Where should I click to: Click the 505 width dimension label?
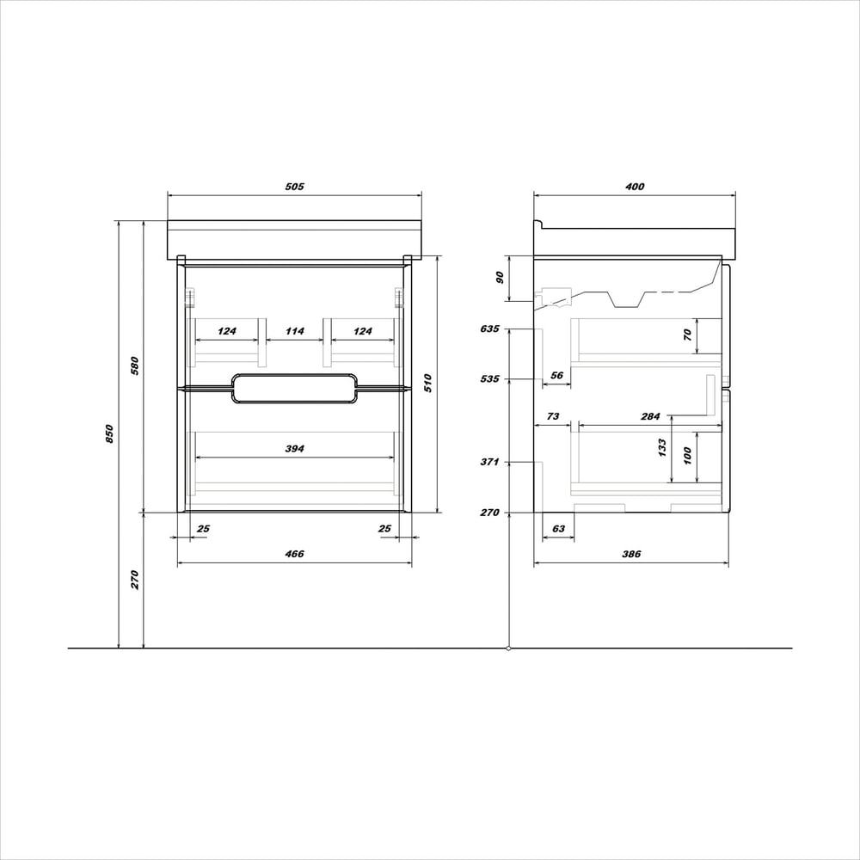[x=294, y=187]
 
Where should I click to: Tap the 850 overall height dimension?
[x=109, y=433]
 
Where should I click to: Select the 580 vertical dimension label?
[x=134, y=365]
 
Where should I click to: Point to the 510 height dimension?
[x=427, y=383]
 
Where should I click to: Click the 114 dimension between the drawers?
[x=294, y=331]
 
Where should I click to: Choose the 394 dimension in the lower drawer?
[x=294, y=449]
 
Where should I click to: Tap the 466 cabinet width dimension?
[x=294, y=554]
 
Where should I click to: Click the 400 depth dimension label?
[x=635, y=187]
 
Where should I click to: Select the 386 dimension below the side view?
[x=631, y=554]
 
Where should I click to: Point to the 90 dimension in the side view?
[x=500, y=278]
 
